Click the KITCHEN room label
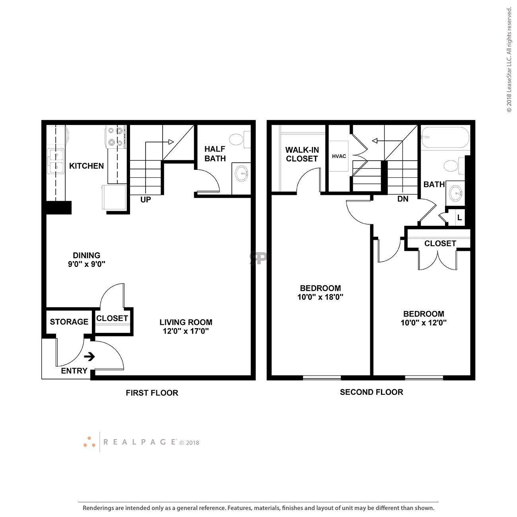point(86,166)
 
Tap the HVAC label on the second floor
point(339,156)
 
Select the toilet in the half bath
point(240,140)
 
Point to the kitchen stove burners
point(116,136)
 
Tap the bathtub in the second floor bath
point(445,138)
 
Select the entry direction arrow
point(89,357)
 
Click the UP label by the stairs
point(146,200)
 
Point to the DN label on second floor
point(403,199)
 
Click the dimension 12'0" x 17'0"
point(186,331)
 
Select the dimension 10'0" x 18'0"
point(321,297)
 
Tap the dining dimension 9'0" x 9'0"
point(86,264)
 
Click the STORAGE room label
point(69,322)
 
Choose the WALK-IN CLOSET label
point(302,154)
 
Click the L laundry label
point(460,218)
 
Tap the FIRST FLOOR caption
point(152,393)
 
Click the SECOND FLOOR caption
point(371,392)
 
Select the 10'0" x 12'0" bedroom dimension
point(424,323)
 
